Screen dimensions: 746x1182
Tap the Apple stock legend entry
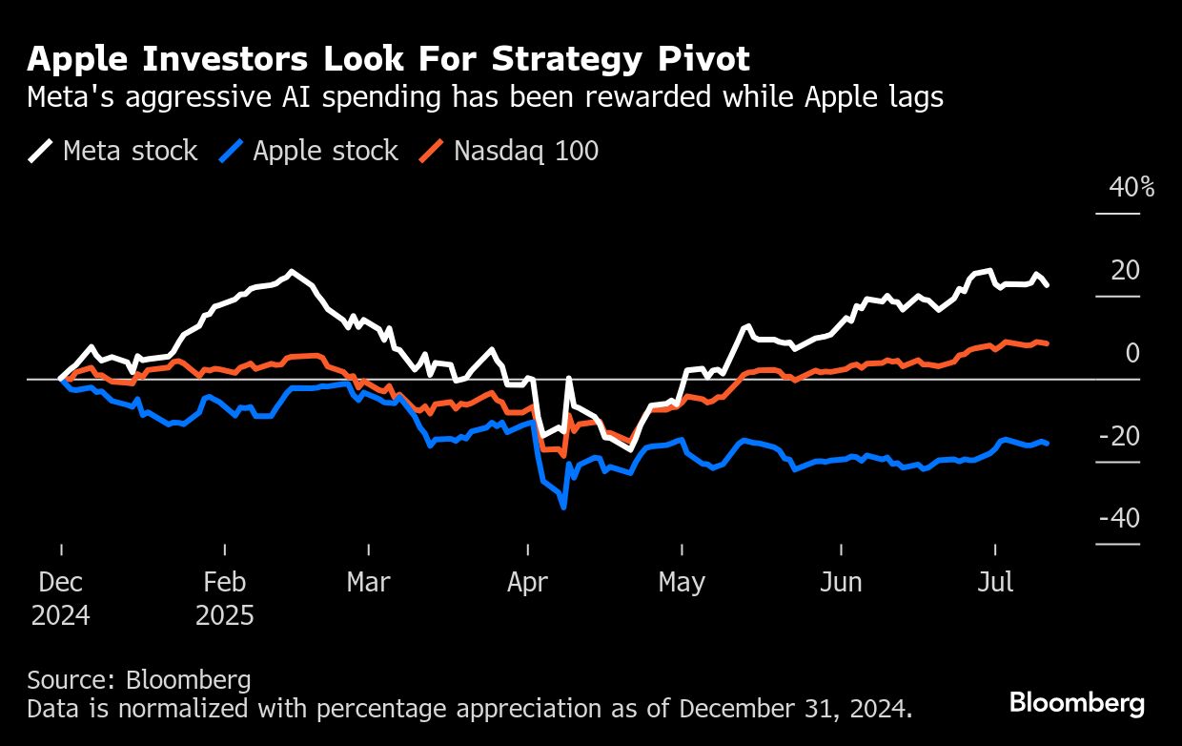pos(309,151)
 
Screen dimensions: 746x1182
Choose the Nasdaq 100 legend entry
pos(509,151)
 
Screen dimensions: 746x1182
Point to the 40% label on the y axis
pos(1131,187)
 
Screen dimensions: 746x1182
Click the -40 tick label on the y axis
pos(1119,518)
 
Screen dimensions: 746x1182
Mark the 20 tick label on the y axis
pos(1125,270)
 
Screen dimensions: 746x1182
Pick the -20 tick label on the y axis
pos(1119,436)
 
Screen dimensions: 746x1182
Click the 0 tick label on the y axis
pos(1132,353)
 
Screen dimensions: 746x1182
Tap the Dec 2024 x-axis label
pos(61,598)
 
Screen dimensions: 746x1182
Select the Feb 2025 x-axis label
pos(225,598)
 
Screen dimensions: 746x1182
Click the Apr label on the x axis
pos(527,582)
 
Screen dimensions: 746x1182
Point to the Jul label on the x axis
pos(996,582)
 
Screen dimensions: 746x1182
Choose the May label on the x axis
pos(682,582)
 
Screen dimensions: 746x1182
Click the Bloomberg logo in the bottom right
pos(1077,704)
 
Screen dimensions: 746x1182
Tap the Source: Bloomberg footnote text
pos(139,680)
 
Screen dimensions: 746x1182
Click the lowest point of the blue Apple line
pos(564,508)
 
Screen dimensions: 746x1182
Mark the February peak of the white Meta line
pos(291,272)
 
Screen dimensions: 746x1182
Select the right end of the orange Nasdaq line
pos(1048,343)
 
